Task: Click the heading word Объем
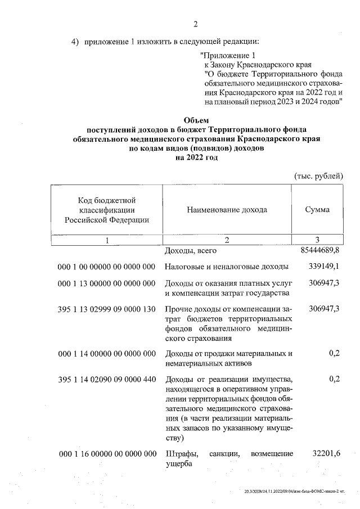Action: (196, 120)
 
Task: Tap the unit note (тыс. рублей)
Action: (319, 175)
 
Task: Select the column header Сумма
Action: (317, 210)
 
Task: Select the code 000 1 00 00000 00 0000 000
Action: (106, 266)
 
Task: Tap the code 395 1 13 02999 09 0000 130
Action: (106, 309)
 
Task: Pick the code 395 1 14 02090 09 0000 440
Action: (106, 380)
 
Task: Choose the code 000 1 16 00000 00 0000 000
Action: (106, 453)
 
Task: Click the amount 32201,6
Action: (326, 453)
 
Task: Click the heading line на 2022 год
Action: (196, 158)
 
